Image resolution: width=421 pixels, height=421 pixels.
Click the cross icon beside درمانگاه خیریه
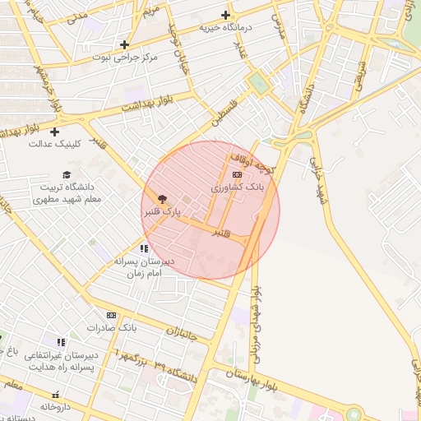(225, 15)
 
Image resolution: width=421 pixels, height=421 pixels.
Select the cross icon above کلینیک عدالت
(55, 132)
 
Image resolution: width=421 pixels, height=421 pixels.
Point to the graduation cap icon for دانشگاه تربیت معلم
(67, 174)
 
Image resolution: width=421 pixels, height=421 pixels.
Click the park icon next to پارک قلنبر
(161, 198)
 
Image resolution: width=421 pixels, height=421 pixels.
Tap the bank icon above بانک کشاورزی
(238, 174)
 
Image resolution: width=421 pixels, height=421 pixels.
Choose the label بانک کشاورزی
(238, 187)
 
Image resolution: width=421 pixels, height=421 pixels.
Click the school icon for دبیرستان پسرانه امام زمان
(144, 248)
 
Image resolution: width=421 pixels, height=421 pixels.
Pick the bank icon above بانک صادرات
(111, 315)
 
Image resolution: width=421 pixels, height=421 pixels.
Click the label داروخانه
(58, 406)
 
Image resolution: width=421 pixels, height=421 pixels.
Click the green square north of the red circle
(258, 83)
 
